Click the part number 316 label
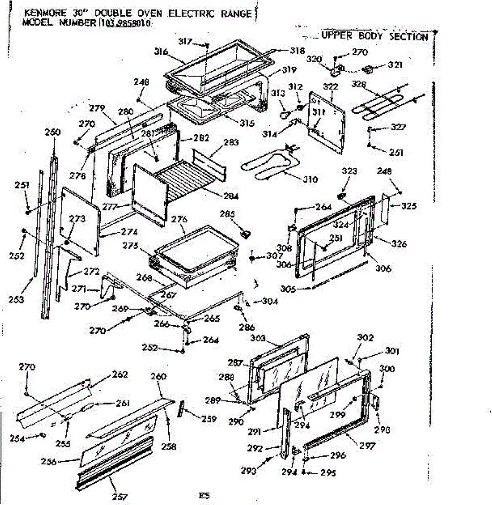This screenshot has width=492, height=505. coord(161,52)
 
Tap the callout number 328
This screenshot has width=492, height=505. coord(359,84)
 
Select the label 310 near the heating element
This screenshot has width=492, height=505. coord(310,180)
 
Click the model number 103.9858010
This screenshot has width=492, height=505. coord(125,23)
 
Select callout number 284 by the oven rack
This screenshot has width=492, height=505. coord(231,196)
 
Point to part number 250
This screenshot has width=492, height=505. coord(53,132)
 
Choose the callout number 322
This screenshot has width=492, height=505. coord(331,87)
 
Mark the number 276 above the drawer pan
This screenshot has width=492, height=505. coord(179,220)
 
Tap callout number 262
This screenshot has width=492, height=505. coord(120,375)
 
